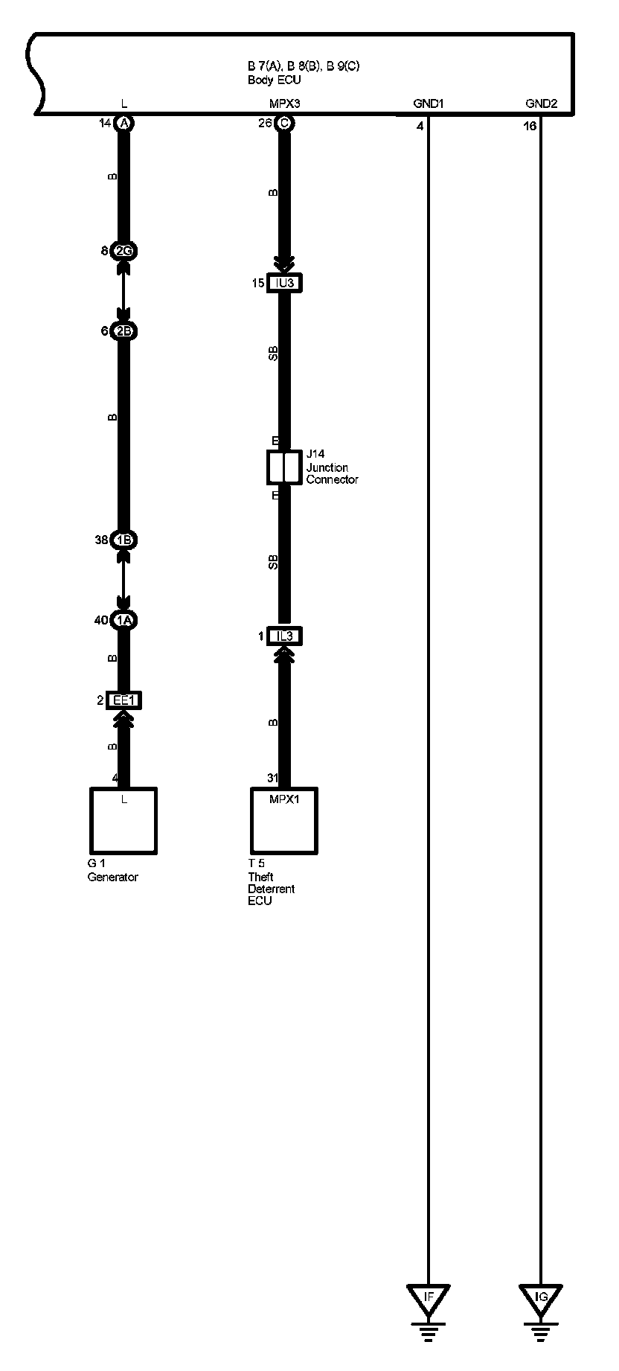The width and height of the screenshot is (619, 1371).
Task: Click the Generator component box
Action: (124, 821)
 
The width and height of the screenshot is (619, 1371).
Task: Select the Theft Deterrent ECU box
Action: (284, 821)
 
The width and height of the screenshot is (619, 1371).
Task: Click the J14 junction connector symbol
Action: (284, 467)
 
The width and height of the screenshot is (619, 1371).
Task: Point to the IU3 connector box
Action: (284, 283)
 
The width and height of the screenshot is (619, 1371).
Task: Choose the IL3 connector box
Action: (284, 636)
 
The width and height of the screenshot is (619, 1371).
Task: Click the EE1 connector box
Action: (124, 700)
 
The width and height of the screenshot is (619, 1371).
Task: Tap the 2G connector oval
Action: (124, 251)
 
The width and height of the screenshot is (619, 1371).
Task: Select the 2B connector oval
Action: (124, 331)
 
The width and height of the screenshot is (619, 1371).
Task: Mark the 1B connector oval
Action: (124, 540)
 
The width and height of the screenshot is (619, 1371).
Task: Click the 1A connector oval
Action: (124, 620)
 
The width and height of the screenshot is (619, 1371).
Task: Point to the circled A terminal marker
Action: (124, 123)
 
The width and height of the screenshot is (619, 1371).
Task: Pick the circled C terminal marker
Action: (283, 123)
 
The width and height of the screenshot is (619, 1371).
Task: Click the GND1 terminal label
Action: (428, 104)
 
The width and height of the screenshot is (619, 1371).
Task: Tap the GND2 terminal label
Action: (541, 104)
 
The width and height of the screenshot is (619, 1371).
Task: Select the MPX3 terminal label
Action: (284, 104)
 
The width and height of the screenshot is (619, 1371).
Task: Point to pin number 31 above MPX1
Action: (273, 779)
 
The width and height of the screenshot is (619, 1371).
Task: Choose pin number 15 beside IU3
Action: (258, 283)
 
